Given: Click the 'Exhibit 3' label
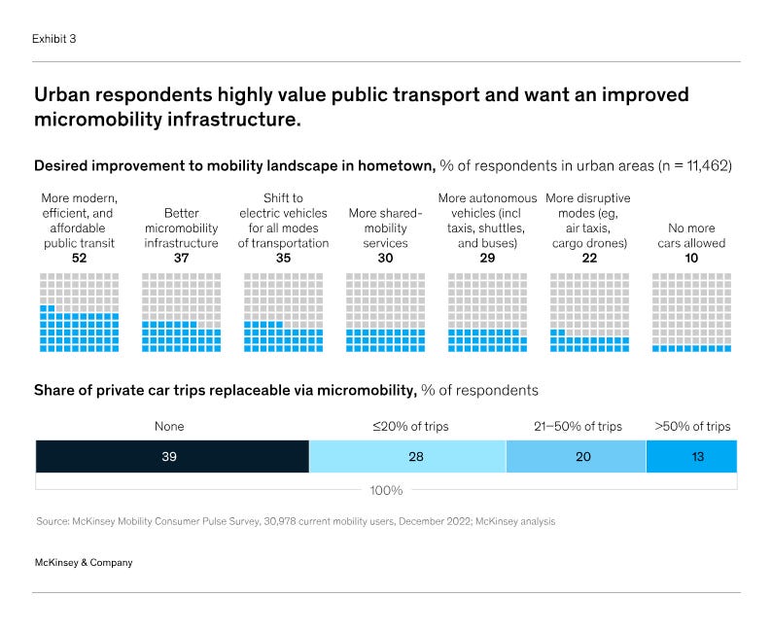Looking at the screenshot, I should pyautogui.click(x=54, y=39).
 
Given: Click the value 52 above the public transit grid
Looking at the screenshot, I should pyautogui.click(x=80, y=259).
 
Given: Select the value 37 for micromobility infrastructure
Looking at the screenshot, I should pyautogui.click(x=181, y=259).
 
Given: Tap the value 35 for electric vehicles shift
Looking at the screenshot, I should pyautogui.click(x=283, y=259).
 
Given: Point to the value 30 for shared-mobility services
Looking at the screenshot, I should pyautogui.click(x=385, y=259).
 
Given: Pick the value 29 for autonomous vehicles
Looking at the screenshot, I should pyautogui.click(x=487, y=259).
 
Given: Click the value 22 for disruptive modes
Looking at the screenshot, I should pyautogui.click(x=589, y=259).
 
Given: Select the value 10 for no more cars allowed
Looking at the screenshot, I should pyautogui.click(x=691, y=259).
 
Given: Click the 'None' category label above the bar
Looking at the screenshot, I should pyautogui.click(x=169, y=426).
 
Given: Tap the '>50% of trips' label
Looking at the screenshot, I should pyautogui.click(x=692, y=426).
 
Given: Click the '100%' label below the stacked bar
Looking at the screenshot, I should pyautogui.click(x=386, y=490).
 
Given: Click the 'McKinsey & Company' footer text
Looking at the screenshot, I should pyautogui.click(x=83, y=562).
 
